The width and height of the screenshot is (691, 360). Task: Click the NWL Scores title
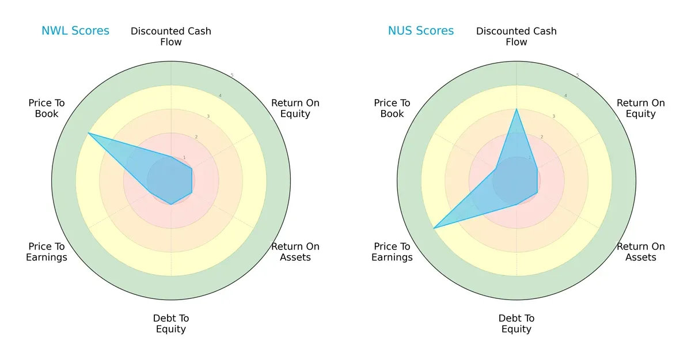pyautogui.click(x=75, y=31)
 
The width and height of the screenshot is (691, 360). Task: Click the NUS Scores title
pyautogui.click(x=420, y=31)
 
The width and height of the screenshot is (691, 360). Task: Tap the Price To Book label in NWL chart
pyautogui.click(x=47, y=108)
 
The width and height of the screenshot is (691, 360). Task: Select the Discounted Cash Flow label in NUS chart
pyautogui.click(x=517, y=36)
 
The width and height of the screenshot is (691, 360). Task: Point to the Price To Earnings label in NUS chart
pyautogui.click(x=392, y=252)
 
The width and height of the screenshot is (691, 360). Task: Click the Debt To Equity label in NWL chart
pyautogui.click(x=171, y=324)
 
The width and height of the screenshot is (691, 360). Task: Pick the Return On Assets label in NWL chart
pyautogui.click(x=295, y=252)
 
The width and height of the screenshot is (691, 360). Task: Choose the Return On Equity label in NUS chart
pyautogui.click(x=641, y=108)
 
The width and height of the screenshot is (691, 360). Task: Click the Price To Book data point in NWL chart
pyautogui.click(x=88, y=134)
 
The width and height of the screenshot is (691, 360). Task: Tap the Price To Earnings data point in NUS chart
pyautogui.click(x=434, y=229)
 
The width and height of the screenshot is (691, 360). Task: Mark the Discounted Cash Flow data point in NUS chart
pyautogui.click(x=517, y=109)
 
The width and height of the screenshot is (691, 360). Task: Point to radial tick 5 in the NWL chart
pyautogui.click(x=232, y=75)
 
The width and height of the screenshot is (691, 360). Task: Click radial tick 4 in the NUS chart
pyautogui.click(x=565, y=96)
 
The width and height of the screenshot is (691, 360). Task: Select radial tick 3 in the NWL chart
pyautogui.click(x=208, y=116)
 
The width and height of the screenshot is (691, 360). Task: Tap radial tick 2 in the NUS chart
pyautogui.click(x=541, y=137)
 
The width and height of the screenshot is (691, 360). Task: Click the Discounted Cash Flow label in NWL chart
pyautogui.click(x=171, y=36)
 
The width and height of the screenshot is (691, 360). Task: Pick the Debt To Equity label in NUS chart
pyautogui.click(x=517, y=324)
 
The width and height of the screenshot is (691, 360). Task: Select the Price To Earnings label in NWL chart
pyautogui.click(x=47, y=252)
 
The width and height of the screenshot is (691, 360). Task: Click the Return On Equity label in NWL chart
pyautogui.click(x=295, y=108)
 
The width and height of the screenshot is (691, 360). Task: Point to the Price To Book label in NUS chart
pyautogui.click(x=392, y=108)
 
